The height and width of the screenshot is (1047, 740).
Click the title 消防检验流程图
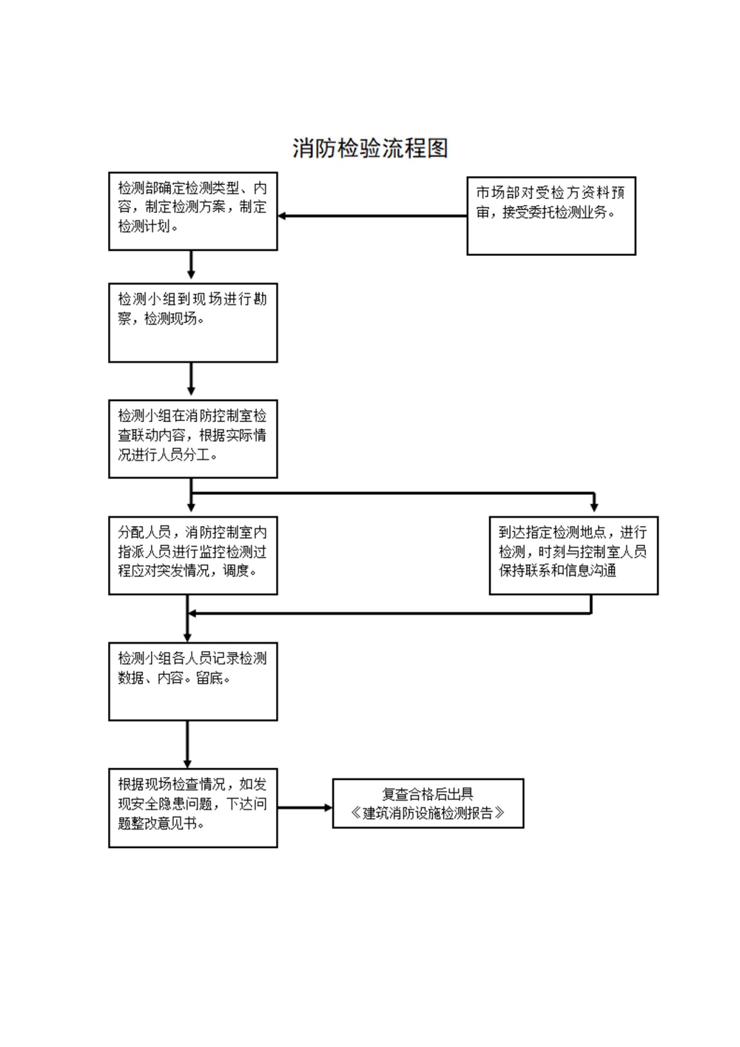(370, 148)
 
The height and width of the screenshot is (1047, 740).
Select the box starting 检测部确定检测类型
(192, 212)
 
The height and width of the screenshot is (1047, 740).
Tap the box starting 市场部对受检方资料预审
(551, 215)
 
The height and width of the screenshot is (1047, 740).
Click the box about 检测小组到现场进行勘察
(192, 323)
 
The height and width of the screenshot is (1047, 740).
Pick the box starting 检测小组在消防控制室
(192, 439)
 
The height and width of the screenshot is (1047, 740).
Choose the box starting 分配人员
(192, 555)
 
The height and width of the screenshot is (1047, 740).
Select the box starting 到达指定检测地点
(573, 555)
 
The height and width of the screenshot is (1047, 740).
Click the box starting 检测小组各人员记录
(192, 681)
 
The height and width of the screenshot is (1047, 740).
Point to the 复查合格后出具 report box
(428, 803)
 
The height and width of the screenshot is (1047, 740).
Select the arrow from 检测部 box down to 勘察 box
(192, 265)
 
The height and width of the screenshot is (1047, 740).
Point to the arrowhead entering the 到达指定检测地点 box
(593, 507)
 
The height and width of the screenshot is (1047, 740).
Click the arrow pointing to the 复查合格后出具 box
(305, 807)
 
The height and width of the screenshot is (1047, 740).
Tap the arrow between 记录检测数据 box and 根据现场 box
(187, 744)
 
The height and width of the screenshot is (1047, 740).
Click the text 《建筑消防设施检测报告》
(428, 813)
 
